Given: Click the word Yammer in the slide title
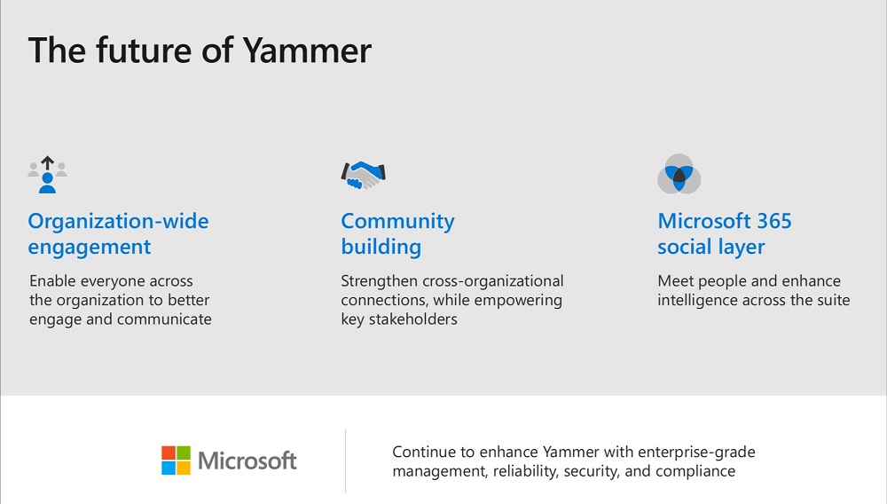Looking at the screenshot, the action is click(307, 51).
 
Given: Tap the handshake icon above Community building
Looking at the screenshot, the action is click(363, 175).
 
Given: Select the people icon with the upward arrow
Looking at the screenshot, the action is click(48, 175).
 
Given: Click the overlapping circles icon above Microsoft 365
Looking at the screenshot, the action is click(679, 174).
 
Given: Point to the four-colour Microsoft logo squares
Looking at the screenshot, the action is click(176, 461).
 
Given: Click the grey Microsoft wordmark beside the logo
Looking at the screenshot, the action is click(247, 461).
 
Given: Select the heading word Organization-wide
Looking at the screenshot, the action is click(118, 221).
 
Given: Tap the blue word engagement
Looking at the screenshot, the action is click(90, 248).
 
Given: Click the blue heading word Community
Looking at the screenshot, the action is click(397, 222).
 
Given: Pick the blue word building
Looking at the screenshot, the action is click(381, 248).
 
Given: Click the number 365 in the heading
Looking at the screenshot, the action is click(774, 221).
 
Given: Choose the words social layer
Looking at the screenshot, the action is click(711, 248).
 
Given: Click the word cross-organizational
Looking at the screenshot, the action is click(492, 281).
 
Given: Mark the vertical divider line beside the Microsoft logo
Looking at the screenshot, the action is click(345, 461).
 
